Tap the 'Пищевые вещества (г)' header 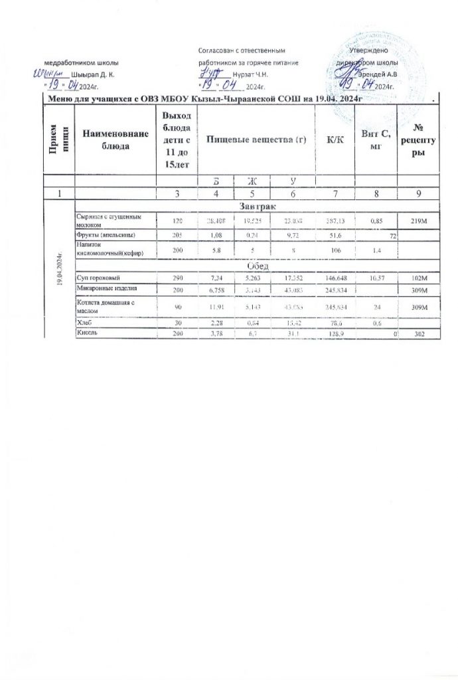tap(249, 140)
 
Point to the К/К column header tap(330, 140)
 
